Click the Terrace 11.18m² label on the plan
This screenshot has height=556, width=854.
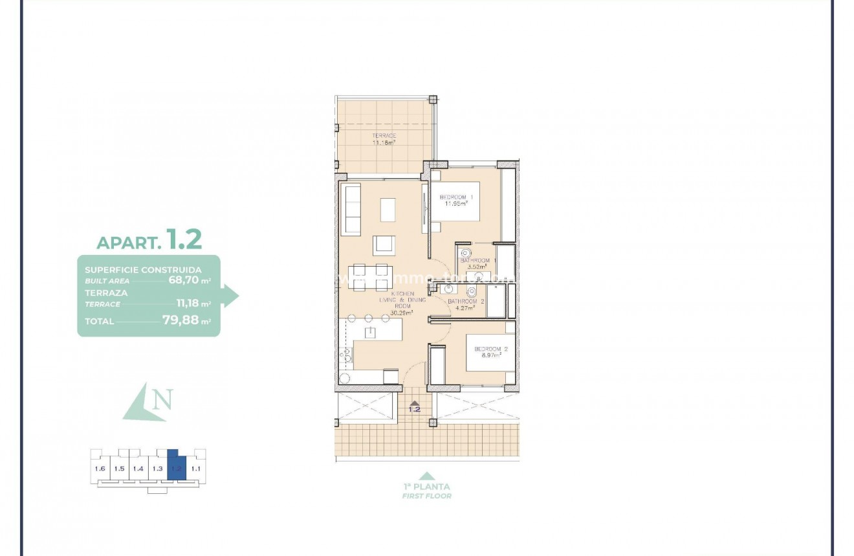tap(384, 139)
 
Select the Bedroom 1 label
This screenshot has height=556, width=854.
tap(457, 200)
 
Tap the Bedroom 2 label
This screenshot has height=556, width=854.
tap(491, 352)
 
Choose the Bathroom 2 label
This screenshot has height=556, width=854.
tap(466, 304)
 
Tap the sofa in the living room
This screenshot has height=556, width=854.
tap(351, 208)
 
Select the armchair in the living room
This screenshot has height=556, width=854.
tap(383, 244)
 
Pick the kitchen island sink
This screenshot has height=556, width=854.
tap(370, 333)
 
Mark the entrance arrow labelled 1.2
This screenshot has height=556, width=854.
tap(414, 406)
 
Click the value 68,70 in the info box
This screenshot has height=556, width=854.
tap(182, 281)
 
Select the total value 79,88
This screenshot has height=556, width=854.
tap(179, 320)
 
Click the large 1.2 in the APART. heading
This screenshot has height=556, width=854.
tap(184, 239)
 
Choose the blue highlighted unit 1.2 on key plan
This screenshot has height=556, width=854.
tap(176, 467)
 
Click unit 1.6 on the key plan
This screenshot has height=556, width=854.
tap(100, 469)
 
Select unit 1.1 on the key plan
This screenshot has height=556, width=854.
tap(196, 468)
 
